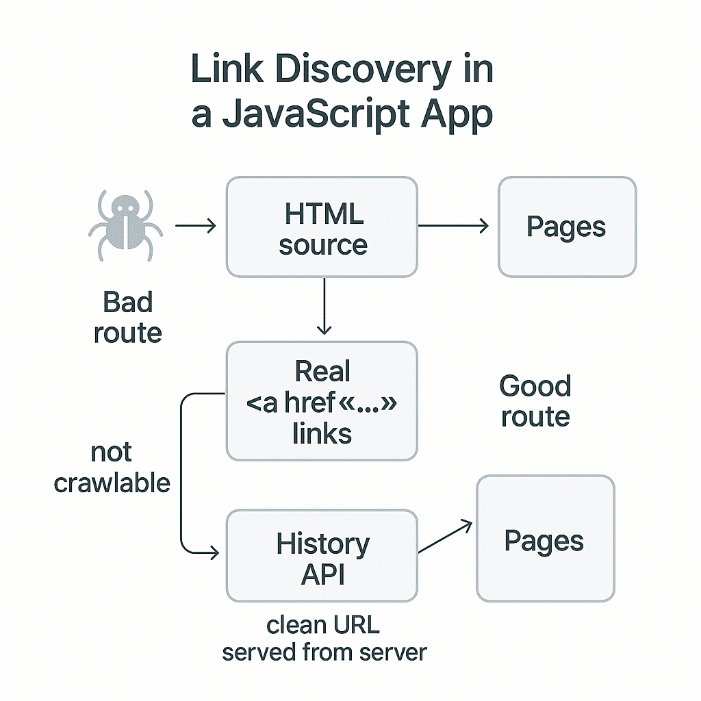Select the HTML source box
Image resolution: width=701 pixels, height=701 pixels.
click(x=322, y=227)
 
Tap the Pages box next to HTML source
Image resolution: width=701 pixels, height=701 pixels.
click(x=566, y=227)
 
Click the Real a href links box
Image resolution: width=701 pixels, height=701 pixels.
click(x=322, y=402)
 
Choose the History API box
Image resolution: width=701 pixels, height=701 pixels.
click(x=322, y=556)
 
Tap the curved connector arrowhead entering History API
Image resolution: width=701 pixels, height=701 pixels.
click(x=213, y=552)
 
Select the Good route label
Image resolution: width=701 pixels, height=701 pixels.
click(x=535, y=401)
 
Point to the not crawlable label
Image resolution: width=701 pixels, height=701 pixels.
click(x=112, y=468)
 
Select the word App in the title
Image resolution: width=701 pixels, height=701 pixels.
click(x=459, y=115)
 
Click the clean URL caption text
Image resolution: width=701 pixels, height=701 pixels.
click(x=323, y=625)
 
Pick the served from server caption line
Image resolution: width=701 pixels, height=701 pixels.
click(x=324, y=652)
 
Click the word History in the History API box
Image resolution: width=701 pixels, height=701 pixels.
click(x=322, y=544)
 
